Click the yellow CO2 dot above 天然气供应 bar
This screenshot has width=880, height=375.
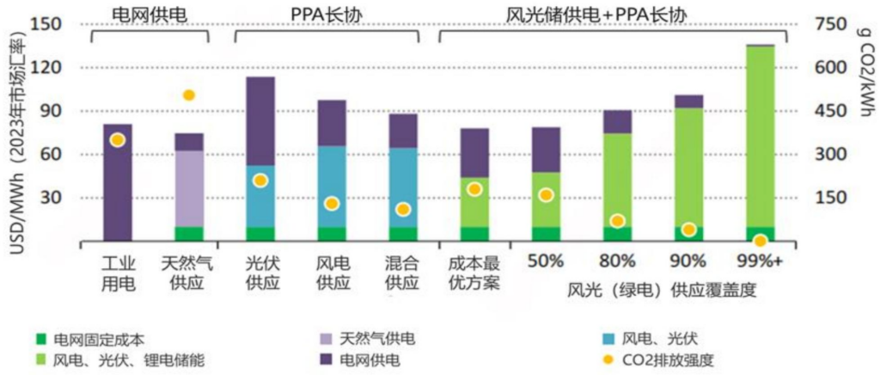click(189, 95)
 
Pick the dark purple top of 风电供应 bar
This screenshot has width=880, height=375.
click(332, 123)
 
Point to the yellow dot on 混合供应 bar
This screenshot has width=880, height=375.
click(403, 209)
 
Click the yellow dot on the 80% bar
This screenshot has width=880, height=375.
click(617, 221)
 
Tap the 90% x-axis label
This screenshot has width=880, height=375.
click(688, 261)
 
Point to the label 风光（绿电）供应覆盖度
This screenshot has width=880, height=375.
click(662, 290)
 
